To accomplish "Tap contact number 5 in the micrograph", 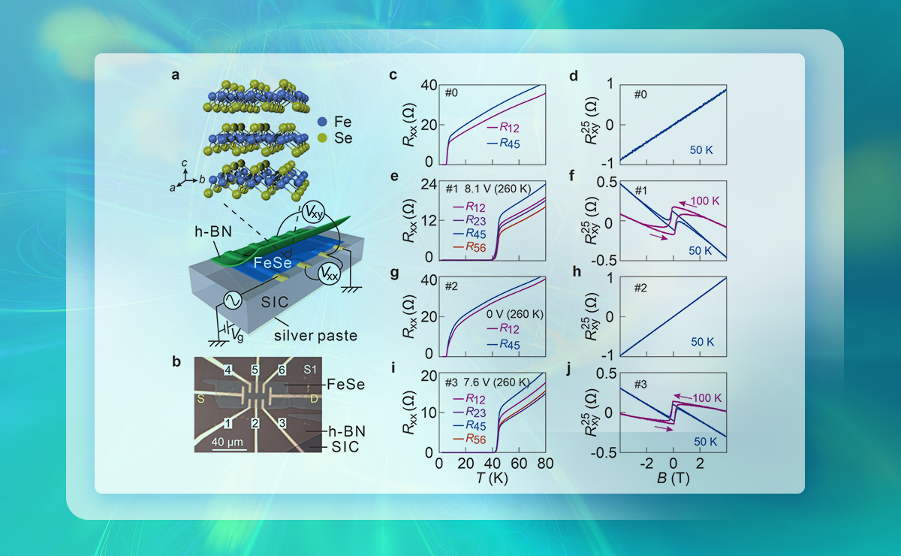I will [x=255, y=370].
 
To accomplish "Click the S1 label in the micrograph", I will [x=310, y=370].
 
